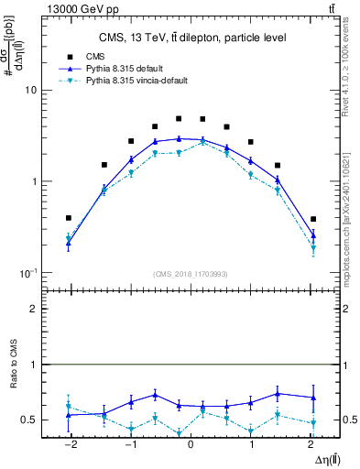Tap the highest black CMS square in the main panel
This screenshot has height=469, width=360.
(x=179, y=118)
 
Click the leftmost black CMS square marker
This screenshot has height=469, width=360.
(x=69, y=218)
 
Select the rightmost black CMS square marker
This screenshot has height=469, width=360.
(x=313, y=219)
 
